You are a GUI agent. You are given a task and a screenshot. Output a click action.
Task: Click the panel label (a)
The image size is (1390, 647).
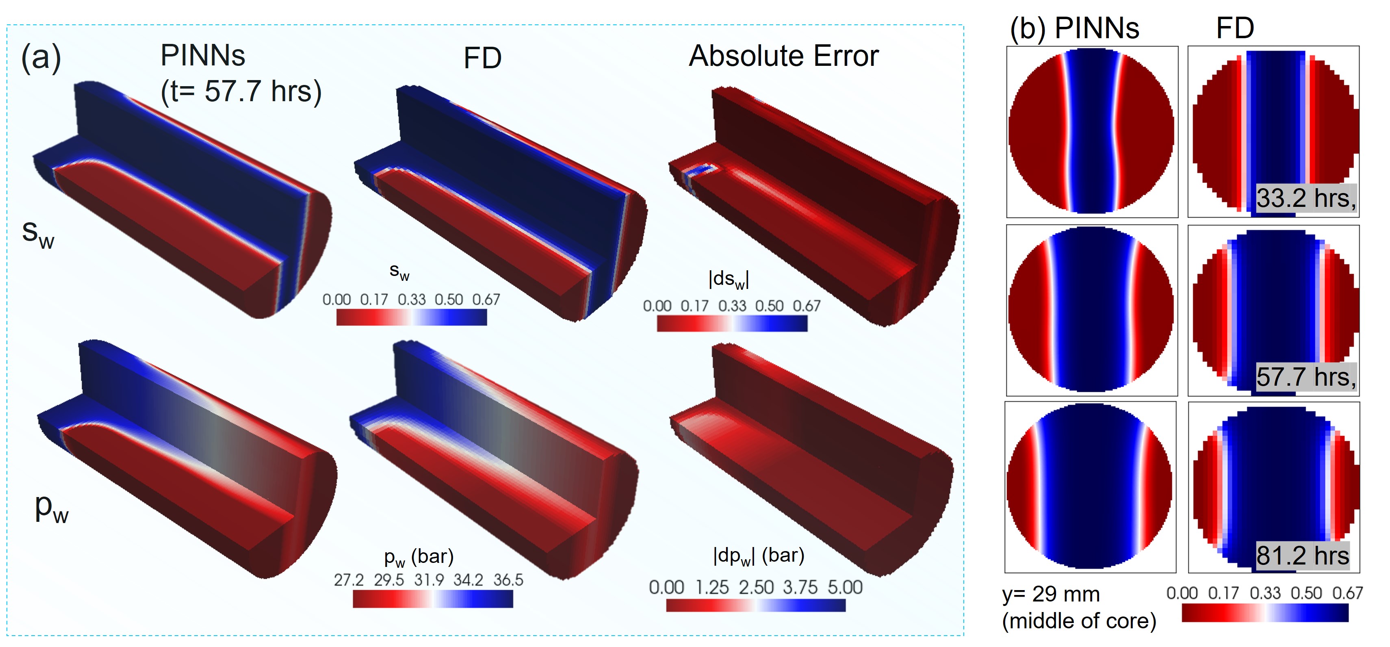41,57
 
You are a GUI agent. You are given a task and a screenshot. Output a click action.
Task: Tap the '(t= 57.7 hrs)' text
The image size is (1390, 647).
241,91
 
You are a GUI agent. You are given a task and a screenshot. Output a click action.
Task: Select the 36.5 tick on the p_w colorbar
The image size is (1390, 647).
508,580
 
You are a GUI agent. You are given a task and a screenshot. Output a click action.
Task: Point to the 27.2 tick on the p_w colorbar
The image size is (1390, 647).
349,580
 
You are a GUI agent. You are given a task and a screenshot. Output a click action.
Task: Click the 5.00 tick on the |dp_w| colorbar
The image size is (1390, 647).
845,587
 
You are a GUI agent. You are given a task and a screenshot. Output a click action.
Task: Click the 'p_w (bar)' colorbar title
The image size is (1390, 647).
419,558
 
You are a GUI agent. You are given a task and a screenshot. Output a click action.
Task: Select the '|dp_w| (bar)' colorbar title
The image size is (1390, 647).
759,556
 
